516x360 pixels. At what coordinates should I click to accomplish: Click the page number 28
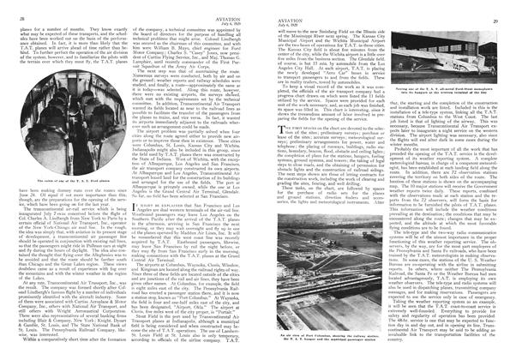[x=18, y=9]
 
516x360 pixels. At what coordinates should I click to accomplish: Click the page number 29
[x=500, y=9]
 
